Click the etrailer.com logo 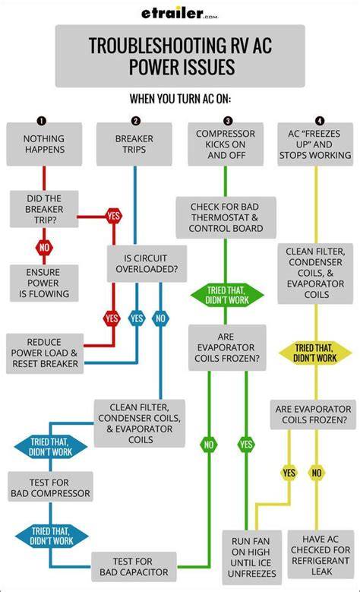[180, 14]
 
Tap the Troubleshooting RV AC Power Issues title [180, 56]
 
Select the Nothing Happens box [44, 144]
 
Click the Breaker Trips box [134, 144]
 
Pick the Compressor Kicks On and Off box [226, 144]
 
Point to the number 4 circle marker [320, 120]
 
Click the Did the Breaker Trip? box [44, 209]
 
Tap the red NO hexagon [44, 248]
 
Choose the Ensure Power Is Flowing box [44, 283]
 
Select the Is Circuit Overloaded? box [147, 264]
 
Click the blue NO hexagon [160, 318]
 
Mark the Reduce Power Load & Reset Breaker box [45, 353]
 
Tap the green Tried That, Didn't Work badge [227, 296]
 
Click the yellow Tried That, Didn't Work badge [315, 353]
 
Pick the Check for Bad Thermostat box [226, 217]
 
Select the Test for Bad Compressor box [50, 487]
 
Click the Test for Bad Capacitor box [134, 567]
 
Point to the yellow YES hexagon [289, 473]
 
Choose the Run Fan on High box [251, 557]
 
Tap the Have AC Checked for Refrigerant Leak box [321, 555]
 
